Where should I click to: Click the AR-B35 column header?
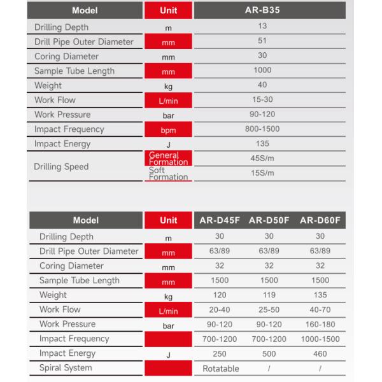(262, 11)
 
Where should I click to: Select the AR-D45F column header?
(218, 220)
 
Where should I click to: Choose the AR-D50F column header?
(269, 220)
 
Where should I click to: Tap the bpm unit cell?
(168, 130)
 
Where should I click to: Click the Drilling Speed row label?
(62, 167)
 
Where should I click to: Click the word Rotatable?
(220, 369)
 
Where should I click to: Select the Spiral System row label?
(66, 368)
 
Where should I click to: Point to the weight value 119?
(270, 296)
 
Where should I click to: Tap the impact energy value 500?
(270, 354)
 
